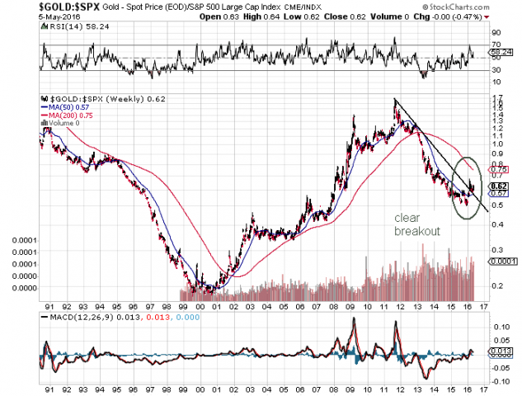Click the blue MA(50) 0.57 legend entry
(x=65, y=106)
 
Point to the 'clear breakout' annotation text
(x=416, y=225)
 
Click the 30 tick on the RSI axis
(x=496, y=69)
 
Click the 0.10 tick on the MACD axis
(x=499, y=326)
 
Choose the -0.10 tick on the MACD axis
(x=501, y=381)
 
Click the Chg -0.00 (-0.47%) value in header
(x=456, y=16)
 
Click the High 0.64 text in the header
(x=280, y=16)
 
